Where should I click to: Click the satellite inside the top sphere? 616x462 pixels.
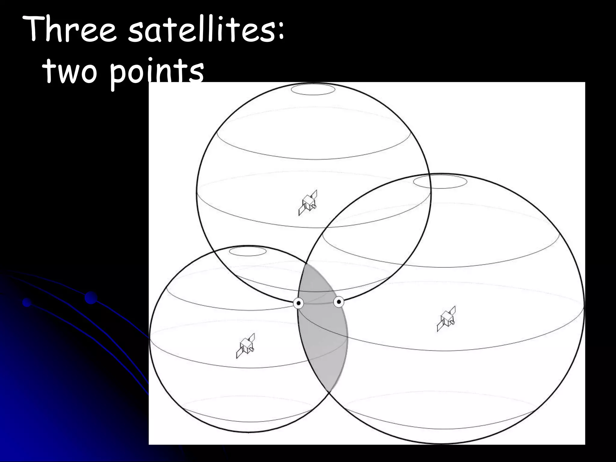[x=308, y=203]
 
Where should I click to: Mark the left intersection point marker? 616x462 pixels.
[x=298, y=303]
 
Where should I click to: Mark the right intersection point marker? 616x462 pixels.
[x=339, y=301]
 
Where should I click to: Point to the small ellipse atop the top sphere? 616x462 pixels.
[x=313, y=90]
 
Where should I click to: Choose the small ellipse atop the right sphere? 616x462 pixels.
[x=440, y=182]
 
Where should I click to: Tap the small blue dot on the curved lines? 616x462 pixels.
[x=27, y=302]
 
